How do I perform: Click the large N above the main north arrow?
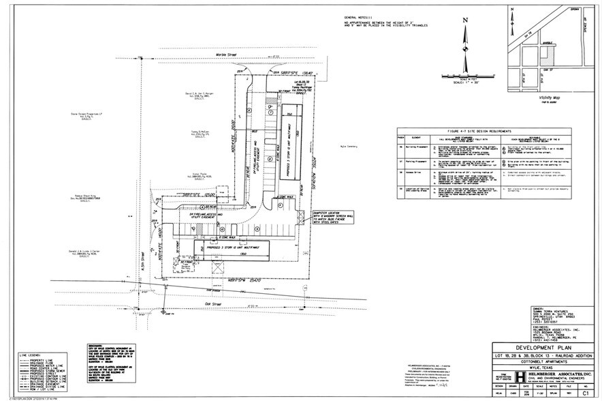coord(465,20)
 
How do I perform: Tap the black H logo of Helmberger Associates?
coord(520,376)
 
